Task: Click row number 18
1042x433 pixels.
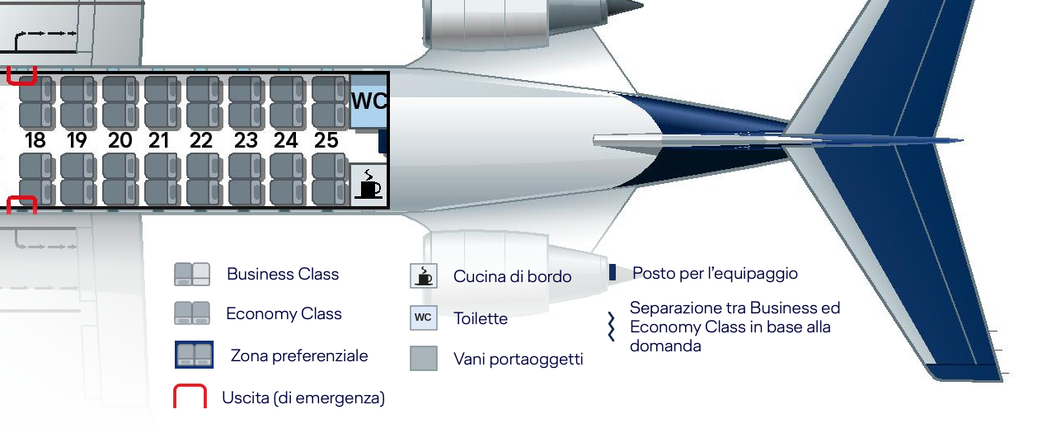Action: click(35, 140)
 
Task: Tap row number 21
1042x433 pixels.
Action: click(158, 140)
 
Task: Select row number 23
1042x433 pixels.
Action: click(246, 140)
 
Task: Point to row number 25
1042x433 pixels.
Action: click(326, 140)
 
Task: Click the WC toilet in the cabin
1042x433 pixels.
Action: click(368, 101)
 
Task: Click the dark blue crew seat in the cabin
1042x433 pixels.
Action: click(383, 142)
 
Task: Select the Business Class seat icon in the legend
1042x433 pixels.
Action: click(192, 274)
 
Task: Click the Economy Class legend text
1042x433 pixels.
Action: click(284, 313)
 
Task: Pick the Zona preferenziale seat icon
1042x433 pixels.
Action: click(194, 355)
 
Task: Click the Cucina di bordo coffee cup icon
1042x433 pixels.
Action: click(424, 276)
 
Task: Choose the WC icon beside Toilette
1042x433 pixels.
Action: click(424, 318)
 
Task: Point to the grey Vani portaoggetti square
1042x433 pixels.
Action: click(424, 359)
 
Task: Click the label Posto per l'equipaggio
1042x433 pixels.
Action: click(715, 273)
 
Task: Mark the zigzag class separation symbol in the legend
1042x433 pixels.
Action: click(611, 327)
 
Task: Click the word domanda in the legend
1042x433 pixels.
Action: click(665, 346)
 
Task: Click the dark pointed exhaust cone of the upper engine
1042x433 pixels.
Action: click(626, 8)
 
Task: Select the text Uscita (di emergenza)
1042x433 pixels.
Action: click(303, 398)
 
